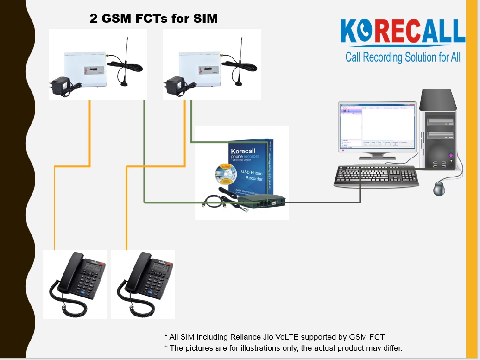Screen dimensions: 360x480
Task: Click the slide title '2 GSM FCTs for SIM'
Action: [153, 19]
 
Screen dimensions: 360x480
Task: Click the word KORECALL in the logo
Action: [402, 32]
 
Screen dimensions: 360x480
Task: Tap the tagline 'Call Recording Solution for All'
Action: [403, 57]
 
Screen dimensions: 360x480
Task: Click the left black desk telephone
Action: [75, 283]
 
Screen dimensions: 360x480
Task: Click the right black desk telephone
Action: [143, 283]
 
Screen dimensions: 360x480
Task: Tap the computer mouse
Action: [438, 188]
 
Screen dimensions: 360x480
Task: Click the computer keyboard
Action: [376, 176]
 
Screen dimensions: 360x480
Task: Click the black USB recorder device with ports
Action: [262, 201]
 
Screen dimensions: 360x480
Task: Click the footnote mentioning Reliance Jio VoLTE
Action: [275, 337]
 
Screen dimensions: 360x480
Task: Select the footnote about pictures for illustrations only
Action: [283, 348]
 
